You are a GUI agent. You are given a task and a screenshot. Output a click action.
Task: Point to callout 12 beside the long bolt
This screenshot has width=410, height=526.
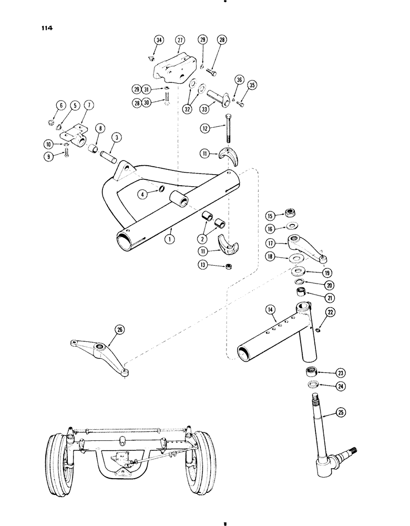[x=206, y=128]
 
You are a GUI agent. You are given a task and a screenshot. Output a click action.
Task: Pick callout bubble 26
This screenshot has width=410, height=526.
[x=118, y=330]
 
